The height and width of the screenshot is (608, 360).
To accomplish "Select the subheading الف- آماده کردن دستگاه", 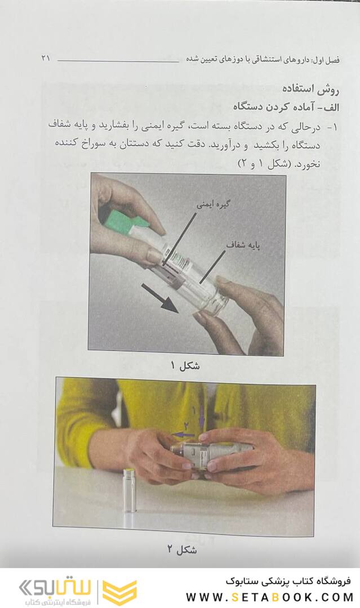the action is pyautogui.click(x=286, y=107).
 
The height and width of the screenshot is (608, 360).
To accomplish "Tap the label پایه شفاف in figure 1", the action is pyautogui.click(x=243, y=245).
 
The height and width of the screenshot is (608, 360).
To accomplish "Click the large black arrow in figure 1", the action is pyautogui.click(x=159, y=298).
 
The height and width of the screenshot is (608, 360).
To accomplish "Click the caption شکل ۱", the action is pyautogui.click(x=185, y=365).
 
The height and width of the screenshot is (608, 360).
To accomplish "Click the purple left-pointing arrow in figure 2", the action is pyautogui.click(x=183, y=435).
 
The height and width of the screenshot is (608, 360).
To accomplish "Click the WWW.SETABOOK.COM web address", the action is pyautogui.click(x=270, y=597).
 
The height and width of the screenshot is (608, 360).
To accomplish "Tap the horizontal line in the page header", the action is pyautogui.click(x=118, y=61).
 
